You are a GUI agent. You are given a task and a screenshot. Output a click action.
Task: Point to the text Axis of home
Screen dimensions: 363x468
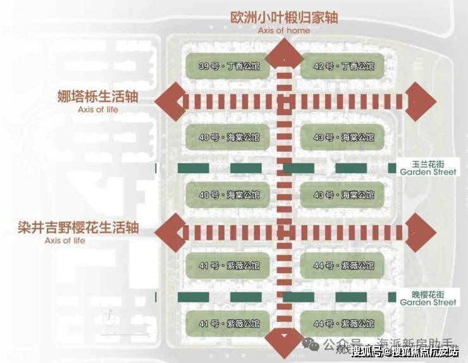pyautogui.click(x=285, y=30)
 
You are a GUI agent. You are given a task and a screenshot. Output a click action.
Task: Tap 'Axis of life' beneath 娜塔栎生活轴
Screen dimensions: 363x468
pyautogui.click(x=97, y=109)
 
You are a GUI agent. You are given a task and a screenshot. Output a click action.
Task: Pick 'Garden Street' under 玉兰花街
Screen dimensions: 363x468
pyautogui.click(x=428, y=170)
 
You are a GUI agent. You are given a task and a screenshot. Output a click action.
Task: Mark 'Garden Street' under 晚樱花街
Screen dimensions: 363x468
pyautogui.click(x=428, y=302)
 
